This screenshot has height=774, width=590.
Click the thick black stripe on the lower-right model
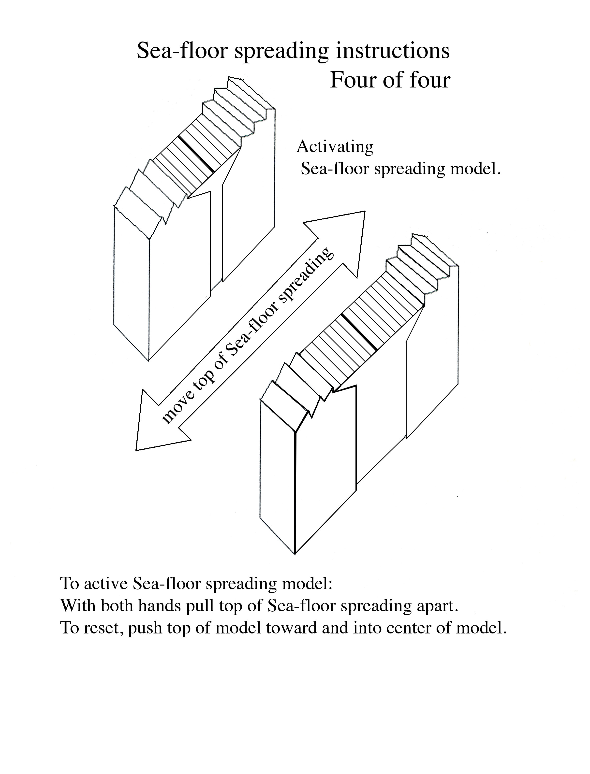tap(359, 331)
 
